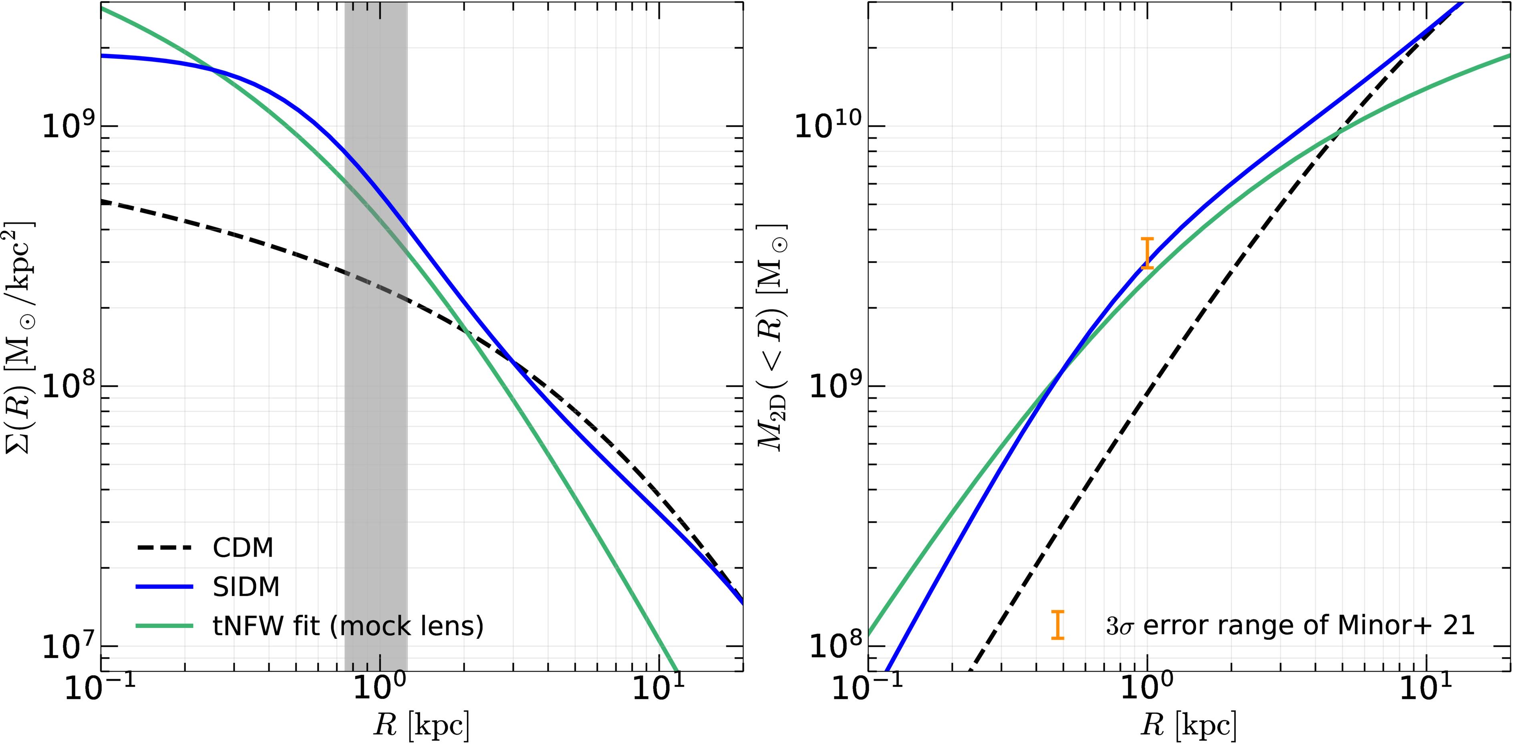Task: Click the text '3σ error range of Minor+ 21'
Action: point(1290,625)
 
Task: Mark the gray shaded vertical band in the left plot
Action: point(376,335)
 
